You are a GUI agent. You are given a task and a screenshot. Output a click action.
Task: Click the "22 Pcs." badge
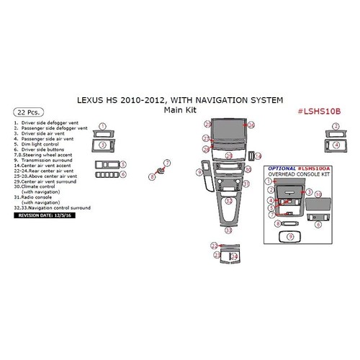pyautogui.click(x=27, y=113)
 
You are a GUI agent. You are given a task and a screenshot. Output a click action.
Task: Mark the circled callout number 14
pyautogui.click(x=259, y=156)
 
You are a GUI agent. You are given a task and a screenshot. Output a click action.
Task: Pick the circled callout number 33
pyautogui.click(x=228, y=230)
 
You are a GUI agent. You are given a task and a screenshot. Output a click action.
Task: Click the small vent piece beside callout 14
pyautogui.click(x=250, y=156)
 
